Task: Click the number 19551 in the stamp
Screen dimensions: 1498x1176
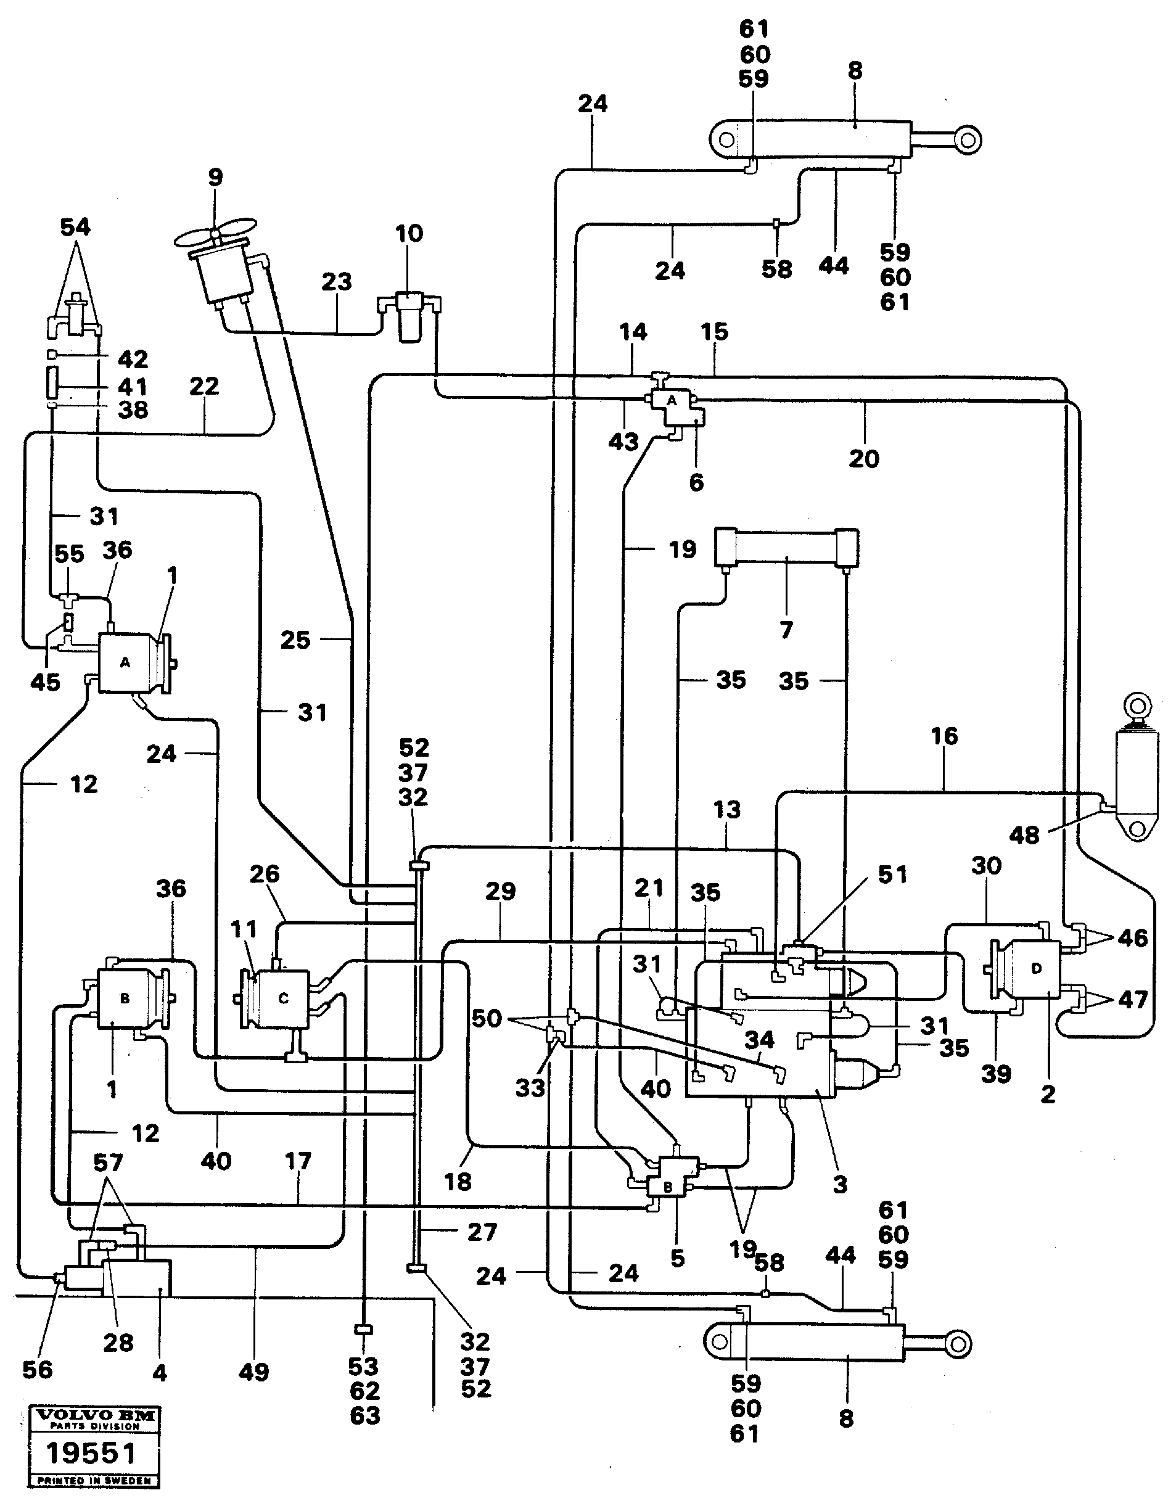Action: (x=91, y=1453)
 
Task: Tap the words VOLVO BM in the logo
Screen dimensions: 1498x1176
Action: (x=95, y=1416)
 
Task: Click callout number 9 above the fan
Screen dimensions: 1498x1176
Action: (x=215, y=178)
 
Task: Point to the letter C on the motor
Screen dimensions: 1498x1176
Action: (x=284, y=999)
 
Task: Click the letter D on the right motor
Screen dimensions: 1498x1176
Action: (x=1037, y=969)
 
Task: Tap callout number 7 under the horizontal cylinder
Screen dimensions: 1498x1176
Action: (x=786, y=629)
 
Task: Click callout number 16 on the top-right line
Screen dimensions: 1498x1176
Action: (x=944, y=736)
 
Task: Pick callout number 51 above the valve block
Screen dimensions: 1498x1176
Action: (x=892, y=875)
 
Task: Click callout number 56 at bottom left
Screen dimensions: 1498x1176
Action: (x=37, y=1369)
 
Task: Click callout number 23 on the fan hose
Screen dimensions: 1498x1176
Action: (x=337, y=282)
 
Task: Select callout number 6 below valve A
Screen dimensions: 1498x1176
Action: (x=696, y=483)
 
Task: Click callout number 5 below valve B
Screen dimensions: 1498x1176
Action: (x=678, y=1259)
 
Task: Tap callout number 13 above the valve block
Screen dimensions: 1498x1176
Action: (x=727, y=810)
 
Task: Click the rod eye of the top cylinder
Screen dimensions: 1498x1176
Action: (x=967, y=141)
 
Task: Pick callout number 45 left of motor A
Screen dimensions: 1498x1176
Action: (x=46, y=681)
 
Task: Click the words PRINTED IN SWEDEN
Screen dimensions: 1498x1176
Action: (x=95, y=1480)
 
